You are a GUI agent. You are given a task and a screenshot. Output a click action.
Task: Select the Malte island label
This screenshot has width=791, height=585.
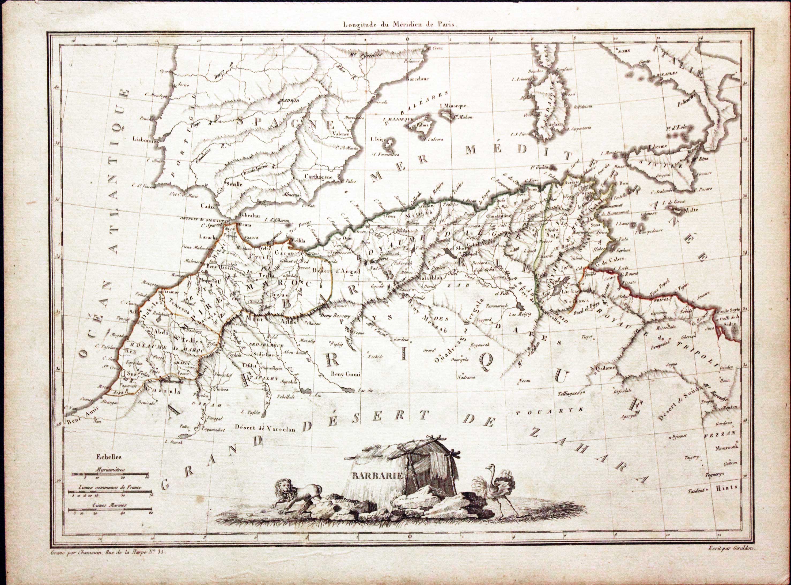tap(691, 210)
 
